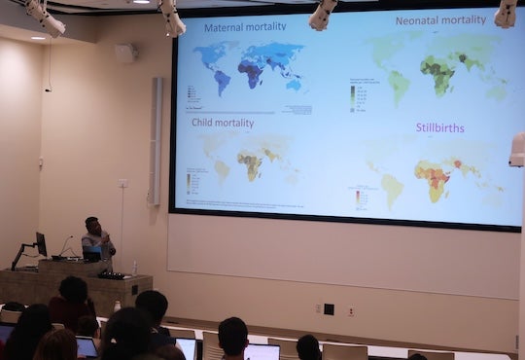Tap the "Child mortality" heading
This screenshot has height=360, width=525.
pyautogui.click(x=224, y=124)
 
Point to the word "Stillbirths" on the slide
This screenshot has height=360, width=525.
pyautogui.click(x=439, y=127)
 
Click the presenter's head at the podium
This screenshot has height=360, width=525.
pyautogui.click(x=92, y=225)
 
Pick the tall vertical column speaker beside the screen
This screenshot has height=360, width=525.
pyautogui.click(x=156, y=141)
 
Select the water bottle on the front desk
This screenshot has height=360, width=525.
pyautogui.click(x=134, y=267)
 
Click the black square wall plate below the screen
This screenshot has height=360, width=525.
pyautogui.click(x=329, y=309)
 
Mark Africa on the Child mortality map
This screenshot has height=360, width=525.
pyautogui.click(x=250, y=162)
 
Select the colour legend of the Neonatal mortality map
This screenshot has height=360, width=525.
pyautogui.click(x=353, y=95)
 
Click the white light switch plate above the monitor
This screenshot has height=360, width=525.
pyautogui.click(x=122, y=183)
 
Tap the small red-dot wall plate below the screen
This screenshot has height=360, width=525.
pyautogui.click(x=351, y=311)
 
